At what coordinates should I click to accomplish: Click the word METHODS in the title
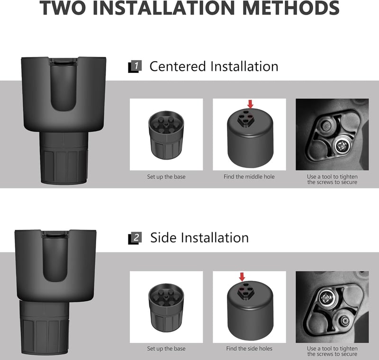click(x=291, y=8)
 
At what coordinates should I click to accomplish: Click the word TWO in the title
click(x=64, y=8)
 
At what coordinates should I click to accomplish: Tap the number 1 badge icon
click(x=135, y=66)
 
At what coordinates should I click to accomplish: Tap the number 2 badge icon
click(x=135, y=238)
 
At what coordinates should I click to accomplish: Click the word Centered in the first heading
click(x=178, y=66)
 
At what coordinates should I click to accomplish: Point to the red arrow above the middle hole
click(x=251, y=104)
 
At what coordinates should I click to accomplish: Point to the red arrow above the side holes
click(x=242, y=277)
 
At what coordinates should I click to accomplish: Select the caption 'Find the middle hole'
click(x=249, y=177)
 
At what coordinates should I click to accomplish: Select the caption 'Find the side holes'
click(x=249, y=349)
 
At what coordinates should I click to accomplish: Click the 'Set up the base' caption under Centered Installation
click(x=166, y=177)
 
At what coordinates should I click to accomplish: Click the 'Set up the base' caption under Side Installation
click(x=166, y=349)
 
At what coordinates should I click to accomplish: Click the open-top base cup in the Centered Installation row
click(x=166, y=135)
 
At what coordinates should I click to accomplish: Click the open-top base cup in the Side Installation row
click(x=166, y=307)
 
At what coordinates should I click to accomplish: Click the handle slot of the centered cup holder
click(x=63, y=85)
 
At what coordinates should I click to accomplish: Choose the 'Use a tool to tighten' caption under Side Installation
click(x=332, y=349)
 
